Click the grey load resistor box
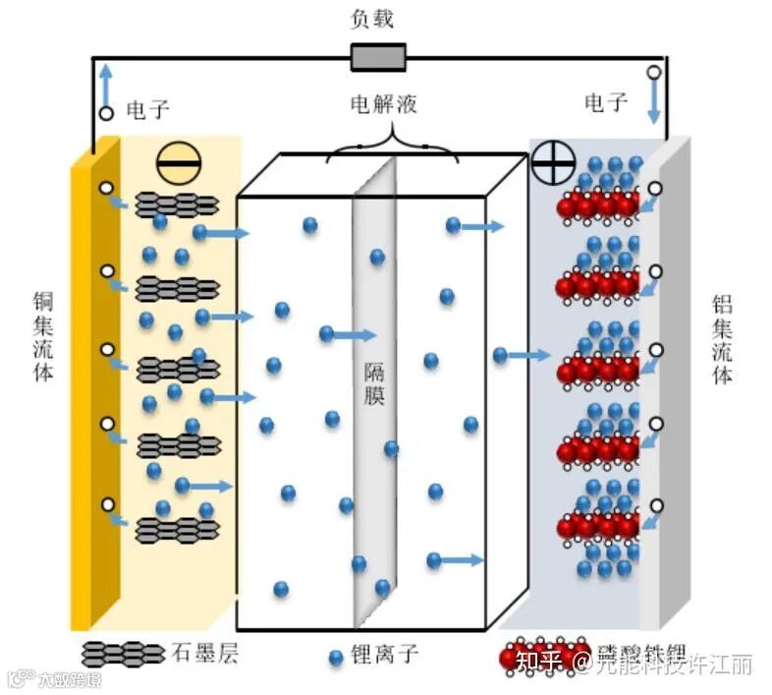tap(378, 57)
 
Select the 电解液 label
tap(384, 104)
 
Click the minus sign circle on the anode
tap(177, 162)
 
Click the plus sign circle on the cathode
tap(553, 162)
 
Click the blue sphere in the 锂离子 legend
tap(336, 654)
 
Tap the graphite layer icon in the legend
tap(124, 653)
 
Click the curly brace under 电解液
tap(392, 145)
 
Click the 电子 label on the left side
tap(148, 109)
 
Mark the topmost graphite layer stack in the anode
tap(176, 204)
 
